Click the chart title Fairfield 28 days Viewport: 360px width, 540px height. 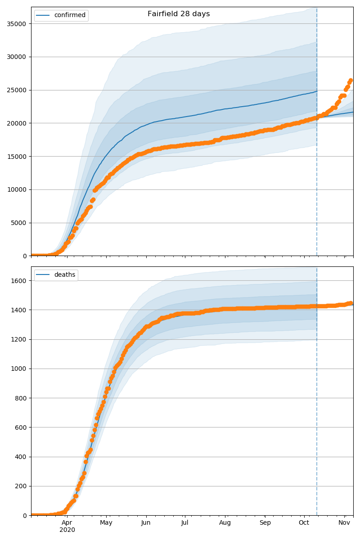[x=179, y=14]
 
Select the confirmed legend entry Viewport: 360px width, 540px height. [x=69, y=15]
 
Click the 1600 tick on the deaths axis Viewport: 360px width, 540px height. [x=19, y=280]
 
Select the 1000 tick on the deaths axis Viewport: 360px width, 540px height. [x=19, y=369]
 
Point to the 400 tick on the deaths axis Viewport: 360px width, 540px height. [x=21, y=457]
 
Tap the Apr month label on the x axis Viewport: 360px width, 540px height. [x=67, y=522]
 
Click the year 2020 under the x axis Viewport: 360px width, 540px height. [x=67, y=530]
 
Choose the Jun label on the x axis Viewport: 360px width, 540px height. [x=146, y=522]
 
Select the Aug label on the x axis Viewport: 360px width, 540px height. [x=225, y=522]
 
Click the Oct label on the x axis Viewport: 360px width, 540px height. [x=304, y=522]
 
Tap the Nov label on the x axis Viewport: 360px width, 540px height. [x=344, y=522]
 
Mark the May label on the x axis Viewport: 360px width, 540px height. [x=106, y=522]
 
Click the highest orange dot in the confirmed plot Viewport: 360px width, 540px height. [x=351, y=81]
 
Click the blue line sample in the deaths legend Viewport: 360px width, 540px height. [x=44, y=275]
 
